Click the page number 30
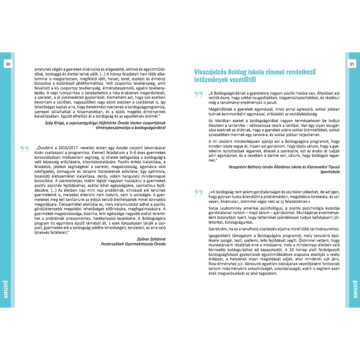tap(8, 64)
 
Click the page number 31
tap(352, 64)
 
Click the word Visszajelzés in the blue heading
tap(212, 72)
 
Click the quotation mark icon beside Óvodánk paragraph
tap(24, 149)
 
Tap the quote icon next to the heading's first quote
tap(198, 94)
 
